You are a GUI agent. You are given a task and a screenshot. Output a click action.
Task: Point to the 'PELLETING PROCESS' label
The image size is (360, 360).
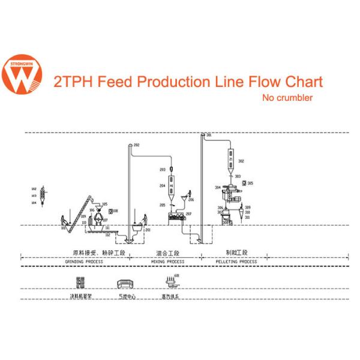(x=236, y=262)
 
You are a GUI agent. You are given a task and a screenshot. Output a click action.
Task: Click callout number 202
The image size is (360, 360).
(x=136, y=145)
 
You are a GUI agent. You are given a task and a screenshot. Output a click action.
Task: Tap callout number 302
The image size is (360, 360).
(x=241, y=161)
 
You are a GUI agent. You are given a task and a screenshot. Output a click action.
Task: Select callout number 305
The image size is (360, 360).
(x=250, y=182)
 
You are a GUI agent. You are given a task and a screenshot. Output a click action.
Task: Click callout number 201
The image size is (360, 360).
(x=148, y=230)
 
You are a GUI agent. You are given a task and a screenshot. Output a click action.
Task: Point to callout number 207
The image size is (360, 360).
(x=188, y=214)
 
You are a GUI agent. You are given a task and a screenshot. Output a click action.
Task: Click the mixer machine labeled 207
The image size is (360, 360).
(x=176, y=215)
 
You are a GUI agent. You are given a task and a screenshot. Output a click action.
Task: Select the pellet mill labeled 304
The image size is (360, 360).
(x=231, y=197)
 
